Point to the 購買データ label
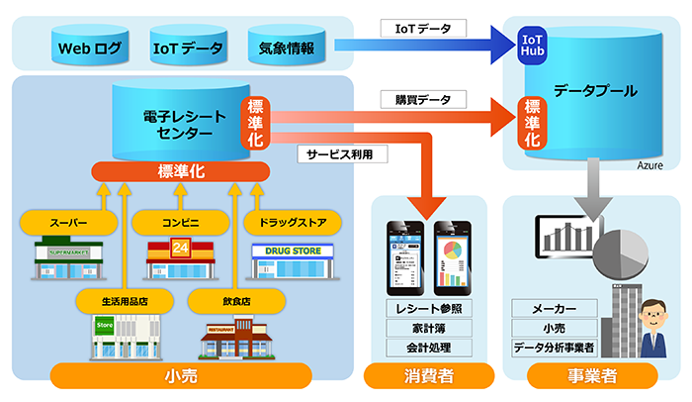pos(415,100)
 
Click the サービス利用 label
pos(339,153)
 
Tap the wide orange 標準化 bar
pos(180,171)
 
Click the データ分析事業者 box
pos(555,348)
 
